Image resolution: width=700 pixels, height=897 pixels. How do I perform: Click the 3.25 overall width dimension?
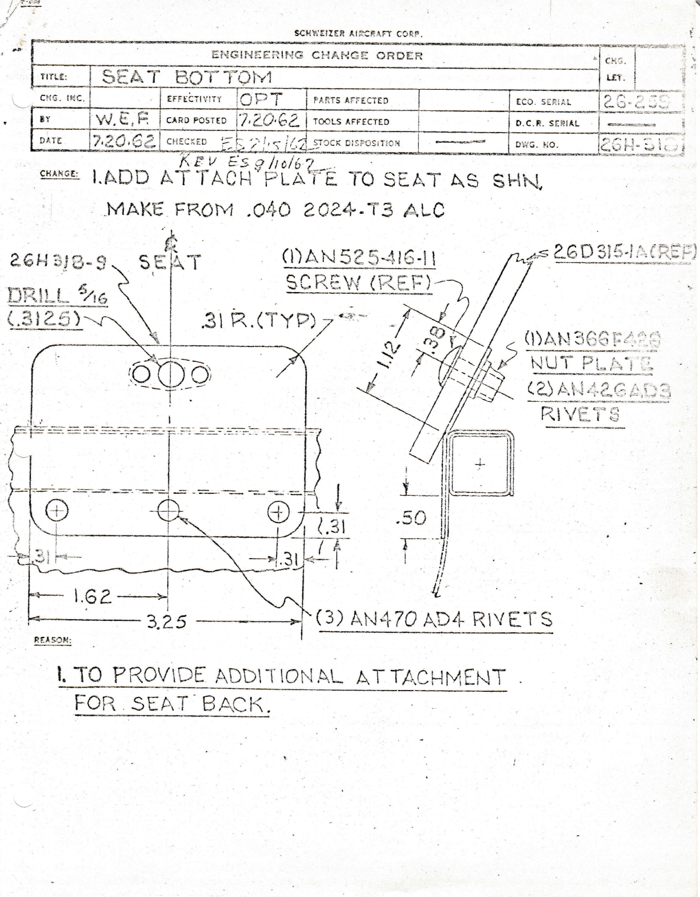[167, 621]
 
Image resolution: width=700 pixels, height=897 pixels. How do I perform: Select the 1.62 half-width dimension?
[93, 597]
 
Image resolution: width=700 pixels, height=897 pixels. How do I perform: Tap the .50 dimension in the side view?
[411, 518]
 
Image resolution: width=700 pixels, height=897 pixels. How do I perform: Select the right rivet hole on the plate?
[278, 512]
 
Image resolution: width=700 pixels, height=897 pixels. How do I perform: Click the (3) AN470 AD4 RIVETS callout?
[434, 619]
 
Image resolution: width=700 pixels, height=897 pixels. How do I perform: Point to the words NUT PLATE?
[591, 363]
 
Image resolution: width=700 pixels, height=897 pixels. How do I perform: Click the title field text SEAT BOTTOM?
[187, 77]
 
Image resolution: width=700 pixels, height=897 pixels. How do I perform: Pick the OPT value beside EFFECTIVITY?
[261, 99]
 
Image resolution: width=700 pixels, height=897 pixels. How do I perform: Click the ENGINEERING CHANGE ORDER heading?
[317, 55]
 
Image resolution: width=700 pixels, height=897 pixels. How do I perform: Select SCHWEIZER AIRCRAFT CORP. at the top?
[358, 33]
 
